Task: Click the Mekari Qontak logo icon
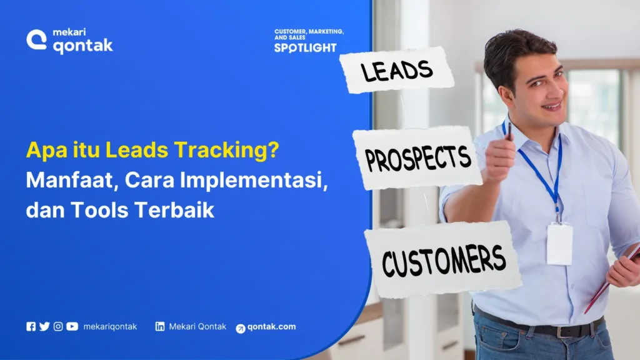tap(37, 41)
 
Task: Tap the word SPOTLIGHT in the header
tap(305, 47)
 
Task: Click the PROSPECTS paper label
tap(417, 157)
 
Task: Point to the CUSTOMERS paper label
tap(443, 259)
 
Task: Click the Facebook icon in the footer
tap(31, 326)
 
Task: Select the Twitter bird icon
tap(44, 326)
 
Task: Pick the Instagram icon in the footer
tap(58, 326)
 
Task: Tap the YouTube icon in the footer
tap(72, 326)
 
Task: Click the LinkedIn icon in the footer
tap(160, 326)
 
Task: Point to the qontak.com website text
tap(271, 327)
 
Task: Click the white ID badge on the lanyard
tap(559, 244)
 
